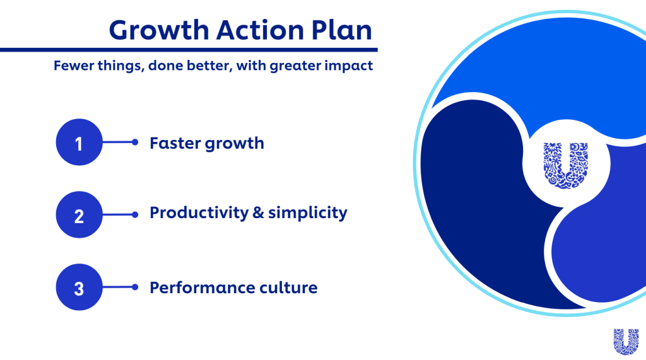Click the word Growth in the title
click(x=159, y=30)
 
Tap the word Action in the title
click(x=261, y=30)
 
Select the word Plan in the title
click(x=341, y=30)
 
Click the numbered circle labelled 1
click(x=79, y=142)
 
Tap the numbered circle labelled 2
click(x=79, y=214)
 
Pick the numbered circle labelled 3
click(x=79, y=287)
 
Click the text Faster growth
click(x=207, y=144)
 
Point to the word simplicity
click(x=308, y=213)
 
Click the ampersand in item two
click(x=258, y=213)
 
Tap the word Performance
click(x=202, y=287)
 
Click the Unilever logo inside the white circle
click(x=566, y=165)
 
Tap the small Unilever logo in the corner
click(x=626, y=342)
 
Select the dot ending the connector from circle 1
click(x=135, y=142)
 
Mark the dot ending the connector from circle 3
click(x=135, y=287)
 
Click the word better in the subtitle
click(x=209, y=66)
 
